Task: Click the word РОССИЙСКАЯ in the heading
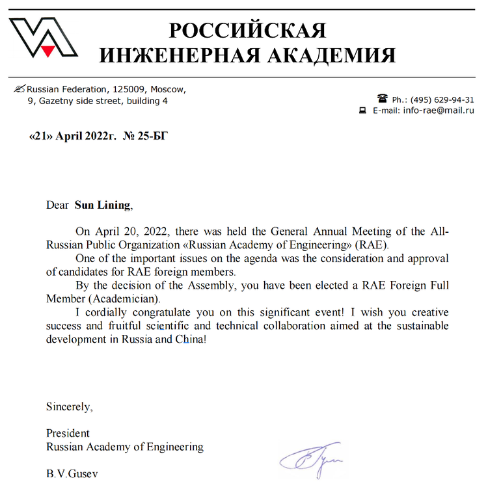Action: click(x=247, y=31)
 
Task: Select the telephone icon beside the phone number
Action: click(x=382, y=99)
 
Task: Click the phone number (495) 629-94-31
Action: click(x=442, y=100)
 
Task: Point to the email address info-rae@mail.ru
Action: click(x=439, y=111)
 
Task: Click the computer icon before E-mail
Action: click(x=363, y=111)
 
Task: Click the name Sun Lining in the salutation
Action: click(x=103, y=205)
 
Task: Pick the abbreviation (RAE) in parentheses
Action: click(x=372, y=245)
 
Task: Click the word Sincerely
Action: click(x=69, y=408)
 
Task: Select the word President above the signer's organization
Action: click(x=68, y=433)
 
